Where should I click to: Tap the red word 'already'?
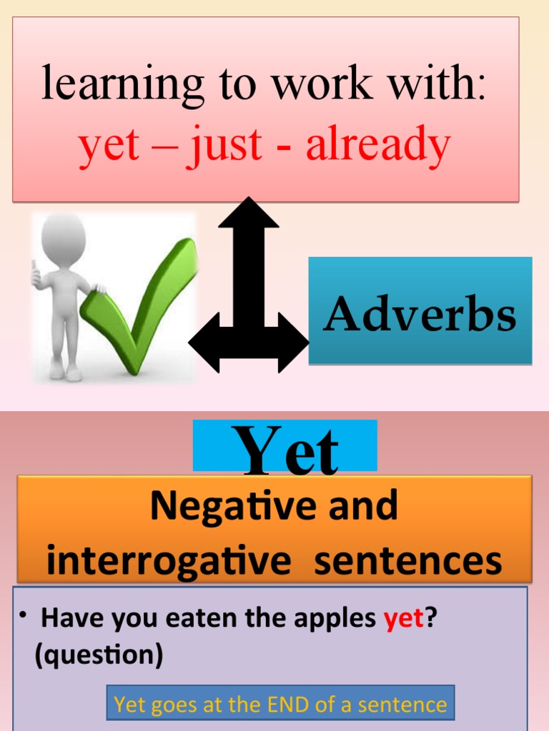pos(378,145)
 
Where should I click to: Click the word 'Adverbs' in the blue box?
pos(420,315)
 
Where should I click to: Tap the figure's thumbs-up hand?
pos(36,275)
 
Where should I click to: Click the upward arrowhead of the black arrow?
pos(248,213)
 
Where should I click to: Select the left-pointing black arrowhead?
pos(204,342)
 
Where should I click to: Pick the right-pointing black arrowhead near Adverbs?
pos(295,342)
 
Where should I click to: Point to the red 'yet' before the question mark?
pos(404,618)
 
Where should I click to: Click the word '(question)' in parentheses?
pos(99,655)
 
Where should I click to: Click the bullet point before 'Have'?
pos(23,615)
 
